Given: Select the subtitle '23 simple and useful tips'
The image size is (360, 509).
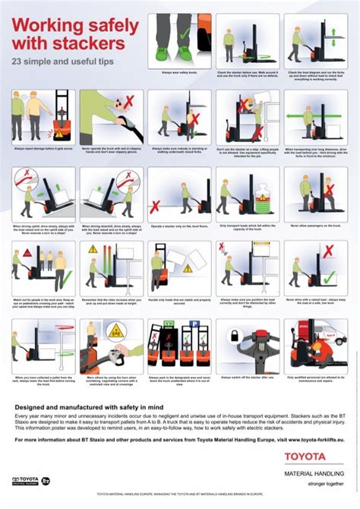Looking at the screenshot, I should (62, 59).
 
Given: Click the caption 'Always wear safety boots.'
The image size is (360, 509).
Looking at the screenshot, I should (178, 73).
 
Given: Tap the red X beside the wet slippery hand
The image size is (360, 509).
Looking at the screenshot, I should (130, 101).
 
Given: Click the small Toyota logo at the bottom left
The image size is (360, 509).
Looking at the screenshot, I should (27, 481).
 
